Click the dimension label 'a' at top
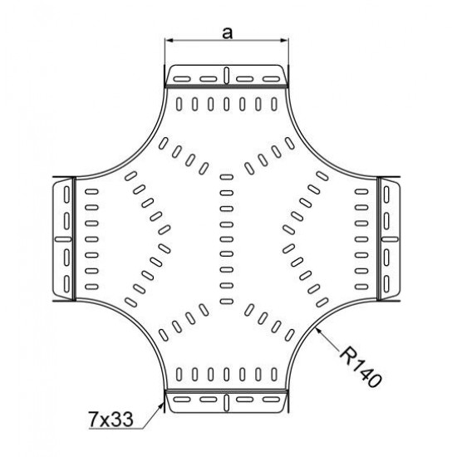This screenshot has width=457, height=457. pos(227,33)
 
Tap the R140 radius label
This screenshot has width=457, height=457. pos(361,367)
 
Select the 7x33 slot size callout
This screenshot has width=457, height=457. pos(111,420)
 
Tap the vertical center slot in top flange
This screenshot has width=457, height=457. pos(227,75)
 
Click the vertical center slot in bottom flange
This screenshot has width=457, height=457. pos(227,403)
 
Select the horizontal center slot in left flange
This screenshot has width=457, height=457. pos(63,239)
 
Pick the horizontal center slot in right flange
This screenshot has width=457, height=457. pos(390,239)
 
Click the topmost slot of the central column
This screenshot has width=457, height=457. pos(227,177)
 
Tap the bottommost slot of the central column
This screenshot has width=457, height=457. pos(227,302)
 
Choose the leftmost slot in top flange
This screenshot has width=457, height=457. pos(182,79)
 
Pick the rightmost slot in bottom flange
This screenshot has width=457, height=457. pos(272,399)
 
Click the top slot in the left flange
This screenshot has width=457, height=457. pos(66,194)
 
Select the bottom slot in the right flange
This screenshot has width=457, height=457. pos(386,284)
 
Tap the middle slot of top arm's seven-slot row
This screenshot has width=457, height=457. pos(227,104)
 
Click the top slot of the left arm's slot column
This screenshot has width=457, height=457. pos(91,192)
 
